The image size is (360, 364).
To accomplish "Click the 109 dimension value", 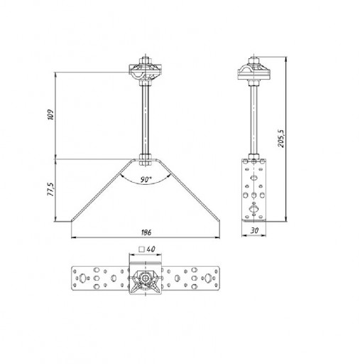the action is click(x=51, y=114).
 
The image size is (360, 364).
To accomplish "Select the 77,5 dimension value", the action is click(x=51, y=189).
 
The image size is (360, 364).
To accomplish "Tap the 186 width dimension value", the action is click(x=146, y=232).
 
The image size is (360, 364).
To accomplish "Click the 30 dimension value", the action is click(x=254, y=230).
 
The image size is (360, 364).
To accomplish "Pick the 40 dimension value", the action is click(x=151, y=249).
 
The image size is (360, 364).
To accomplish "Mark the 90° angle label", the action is click(x=146, y=179).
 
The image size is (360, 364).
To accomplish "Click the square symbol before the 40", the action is click(x=142, y=250).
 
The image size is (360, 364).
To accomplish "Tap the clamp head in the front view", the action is click(x=146, y=70).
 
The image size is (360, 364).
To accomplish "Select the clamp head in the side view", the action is click(x=254, y=70).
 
